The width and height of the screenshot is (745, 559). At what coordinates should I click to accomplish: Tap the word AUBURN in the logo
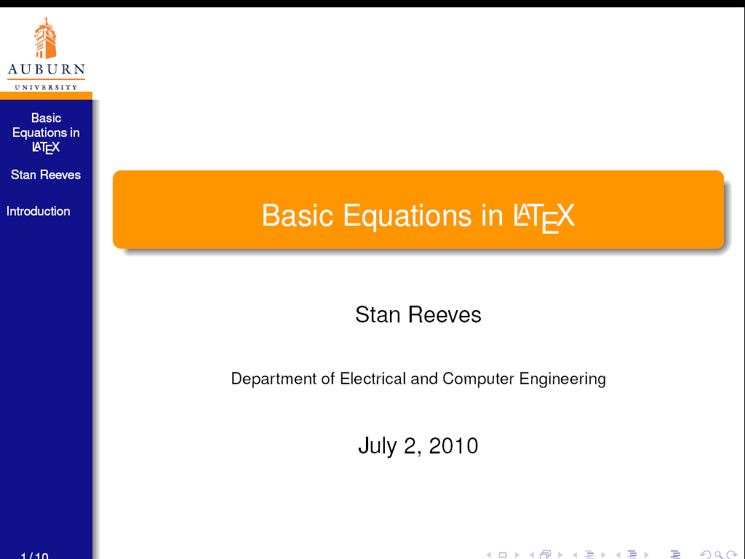tap(46, 69)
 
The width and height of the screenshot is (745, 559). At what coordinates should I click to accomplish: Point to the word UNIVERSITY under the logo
tap(46, 87)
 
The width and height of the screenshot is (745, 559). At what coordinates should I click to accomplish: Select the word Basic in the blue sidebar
tap(46, 118)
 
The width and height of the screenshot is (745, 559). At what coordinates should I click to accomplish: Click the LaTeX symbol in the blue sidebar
tap(46, 147)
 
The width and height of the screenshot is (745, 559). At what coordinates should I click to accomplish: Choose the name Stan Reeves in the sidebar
tap(46, 175)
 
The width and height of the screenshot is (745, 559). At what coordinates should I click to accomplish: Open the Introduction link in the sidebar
tap(38, 211)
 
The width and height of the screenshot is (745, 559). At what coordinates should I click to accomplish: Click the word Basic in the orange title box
tap(298, 215)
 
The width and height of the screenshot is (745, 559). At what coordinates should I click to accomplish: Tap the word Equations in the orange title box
tap(407, 216)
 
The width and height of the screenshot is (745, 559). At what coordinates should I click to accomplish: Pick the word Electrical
tap(373, 378)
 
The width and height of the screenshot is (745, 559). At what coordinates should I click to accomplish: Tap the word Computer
tap(478, 378)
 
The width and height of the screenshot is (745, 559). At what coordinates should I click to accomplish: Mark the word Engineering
tap(562, 379)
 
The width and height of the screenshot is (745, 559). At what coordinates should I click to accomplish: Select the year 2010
tap(453, 446)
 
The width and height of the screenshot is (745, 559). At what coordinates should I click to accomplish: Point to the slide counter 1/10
tap(34, 555)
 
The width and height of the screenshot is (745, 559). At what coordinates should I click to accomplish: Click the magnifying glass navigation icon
tap(719, 555)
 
